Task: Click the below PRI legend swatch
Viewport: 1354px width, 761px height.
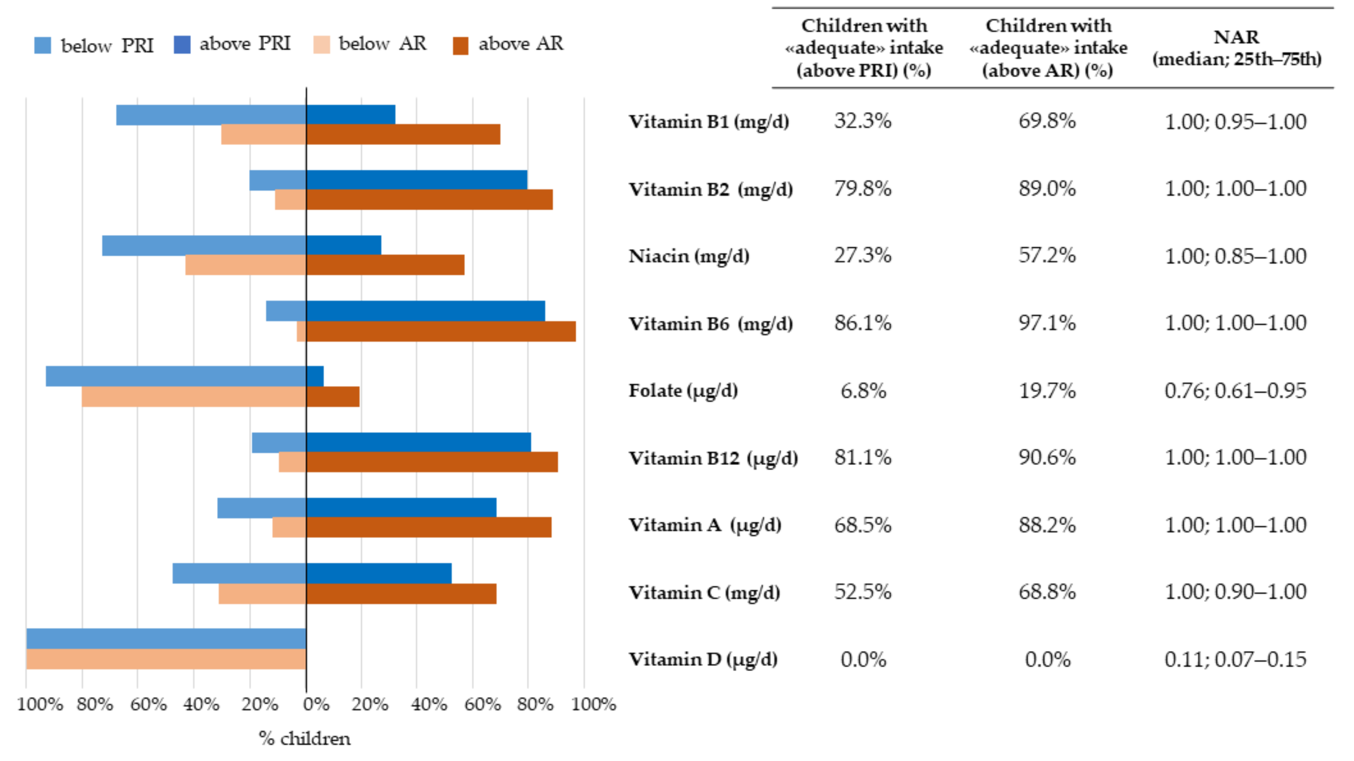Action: (x=42, y=45)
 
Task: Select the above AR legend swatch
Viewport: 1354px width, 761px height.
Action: (x=460, y=46)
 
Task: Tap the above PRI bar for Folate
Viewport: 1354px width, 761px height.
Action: (x=315, y=376)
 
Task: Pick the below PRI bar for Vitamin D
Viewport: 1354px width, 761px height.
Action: (x=166, y=639)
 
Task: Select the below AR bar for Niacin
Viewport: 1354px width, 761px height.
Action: (x=245, y=265)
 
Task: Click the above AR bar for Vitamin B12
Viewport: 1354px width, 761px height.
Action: (x=432, y=462)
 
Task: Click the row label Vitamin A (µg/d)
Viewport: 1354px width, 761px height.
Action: (x=704, y=524)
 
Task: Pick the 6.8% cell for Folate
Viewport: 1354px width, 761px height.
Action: (x=863, y=391)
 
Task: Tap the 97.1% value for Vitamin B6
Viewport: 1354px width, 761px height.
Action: (x=1047, y=323)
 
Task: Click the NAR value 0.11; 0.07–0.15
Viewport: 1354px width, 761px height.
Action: (x=1235, y=659)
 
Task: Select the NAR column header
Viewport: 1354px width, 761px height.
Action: (x=1236, y=48)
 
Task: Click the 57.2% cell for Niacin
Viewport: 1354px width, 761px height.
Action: (x=1047, y=255)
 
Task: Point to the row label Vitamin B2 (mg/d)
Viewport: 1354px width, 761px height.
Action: (x=710, y=189)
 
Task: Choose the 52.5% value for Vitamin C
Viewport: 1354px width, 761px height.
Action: (x=863, y=592)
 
